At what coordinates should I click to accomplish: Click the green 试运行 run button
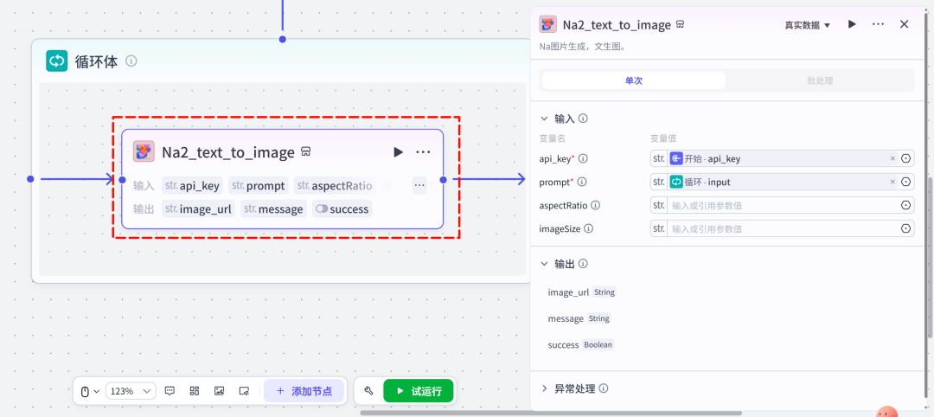pos(419,391)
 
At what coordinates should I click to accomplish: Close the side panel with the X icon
pos(905,24)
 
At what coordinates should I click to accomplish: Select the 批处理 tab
pos(820,80)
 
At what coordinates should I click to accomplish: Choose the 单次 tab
pos(633,80)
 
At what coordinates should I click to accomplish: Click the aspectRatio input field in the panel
pos(782,206)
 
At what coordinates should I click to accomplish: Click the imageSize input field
pos(782,228)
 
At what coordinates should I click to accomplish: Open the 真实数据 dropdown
pos(807,25)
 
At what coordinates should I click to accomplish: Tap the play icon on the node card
pos(398,152)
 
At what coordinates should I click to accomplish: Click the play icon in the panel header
pos(853,24)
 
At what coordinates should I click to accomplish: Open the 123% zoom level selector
pos(131,391)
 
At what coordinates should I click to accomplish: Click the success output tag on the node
pos(342,209)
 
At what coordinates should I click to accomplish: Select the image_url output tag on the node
pos(198,209)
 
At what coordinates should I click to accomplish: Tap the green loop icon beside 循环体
pos(57,61)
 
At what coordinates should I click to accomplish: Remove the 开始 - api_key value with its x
pos(892,158)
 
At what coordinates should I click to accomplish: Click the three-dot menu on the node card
pos(423,152)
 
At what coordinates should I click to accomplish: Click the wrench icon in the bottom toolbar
pos(368,391)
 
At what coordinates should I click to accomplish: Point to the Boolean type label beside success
pos(598,345)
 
